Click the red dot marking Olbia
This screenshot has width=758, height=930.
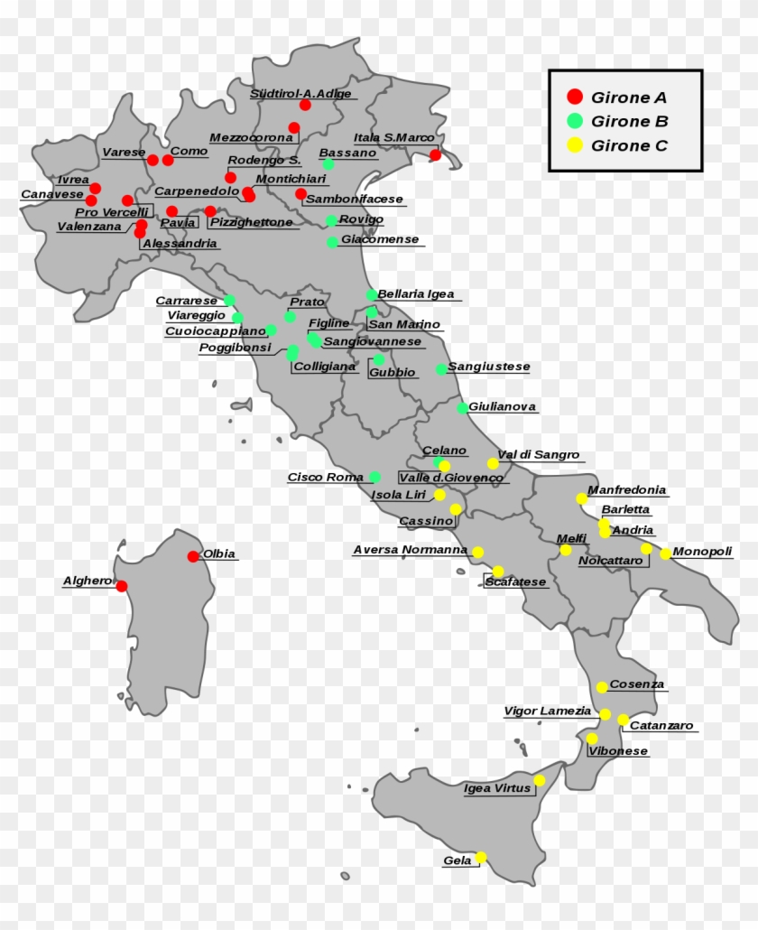(x=193, y=556)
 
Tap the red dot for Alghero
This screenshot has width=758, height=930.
(x=122, y=586)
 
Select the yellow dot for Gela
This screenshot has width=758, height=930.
(x=481, y=857)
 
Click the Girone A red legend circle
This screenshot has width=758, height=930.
(x=574, y=97)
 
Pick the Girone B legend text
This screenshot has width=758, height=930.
(x=629, y=121)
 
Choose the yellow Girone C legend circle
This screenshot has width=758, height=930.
(x=574, y=145)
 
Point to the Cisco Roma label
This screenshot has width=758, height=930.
(x=325, y=477)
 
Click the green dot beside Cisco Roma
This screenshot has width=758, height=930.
(x=374, y=477)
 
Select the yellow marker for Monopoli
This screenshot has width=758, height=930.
(x=666, y=553)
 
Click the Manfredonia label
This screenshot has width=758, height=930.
(x=626, y=490)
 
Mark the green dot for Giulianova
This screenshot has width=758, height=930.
(x=462, y=408)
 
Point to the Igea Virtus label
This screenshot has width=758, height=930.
(x=497, y=788)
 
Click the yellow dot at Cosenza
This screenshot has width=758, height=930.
(x=602, y=687)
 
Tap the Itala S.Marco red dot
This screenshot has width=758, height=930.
(x=435, y=155)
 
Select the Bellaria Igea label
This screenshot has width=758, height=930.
(x=415, y=294)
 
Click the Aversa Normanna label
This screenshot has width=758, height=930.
(x=410, y=549)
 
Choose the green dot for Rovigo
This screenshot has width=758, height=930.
(x=331, y=220)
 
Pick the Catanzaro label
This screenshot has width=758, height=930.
(x=661, y=725)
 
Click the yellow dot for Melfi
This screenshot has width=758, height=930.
(x=565, y=550)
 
